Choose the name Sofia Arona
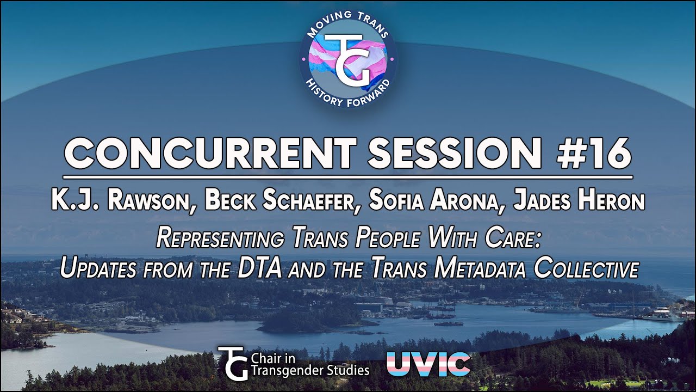coord(435,201)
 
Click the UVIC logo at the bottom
coord(428,364)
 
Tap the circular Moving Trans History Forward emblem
coord(348,59)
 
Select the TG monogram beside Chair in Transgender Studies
coord(234,363)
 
